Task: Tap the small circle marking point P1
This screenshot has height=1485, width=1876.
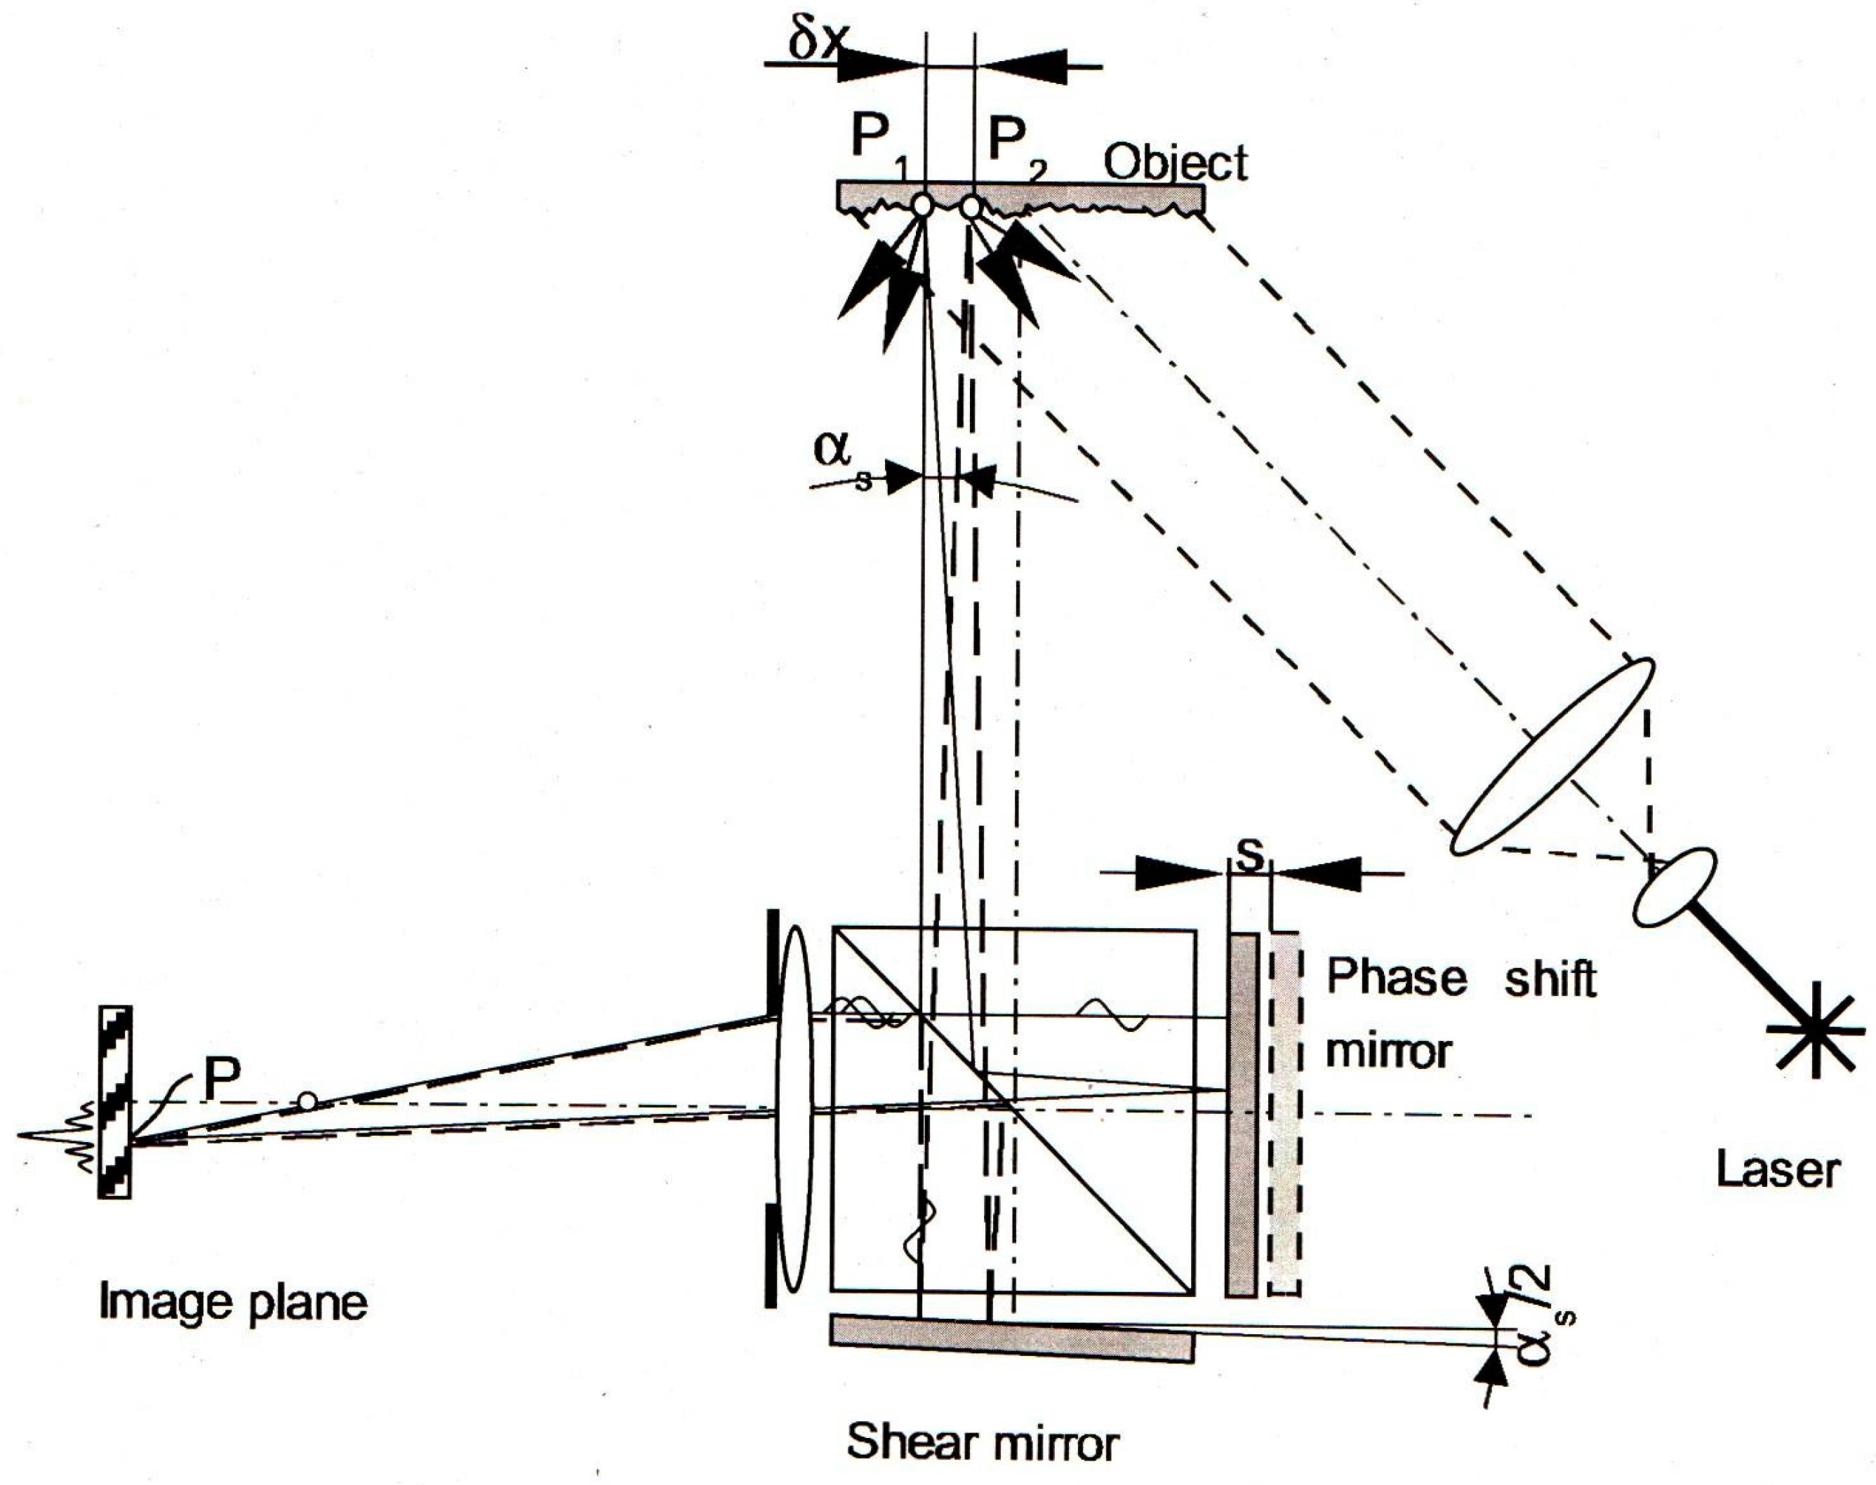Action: [x=922, y=206]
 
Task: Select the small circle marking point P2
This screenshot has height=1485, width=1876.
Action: [x=971, y=207]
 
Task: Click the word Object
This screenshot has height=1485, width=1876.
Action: [x=1175, y=163]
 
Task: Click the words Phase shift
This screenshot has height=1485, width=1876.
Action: [x=1461, y=979]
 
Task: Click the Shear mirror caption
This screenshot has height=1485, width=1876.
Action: [x=982, y=1444]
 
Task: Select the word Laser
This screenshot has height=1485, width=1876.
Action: [x=1778, y=1171]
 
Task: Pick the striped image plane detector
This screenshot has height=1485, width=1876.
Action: [x=115, y=1103]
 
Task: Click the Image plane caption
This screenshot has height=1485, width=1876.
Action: [x=233, y=1303]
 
